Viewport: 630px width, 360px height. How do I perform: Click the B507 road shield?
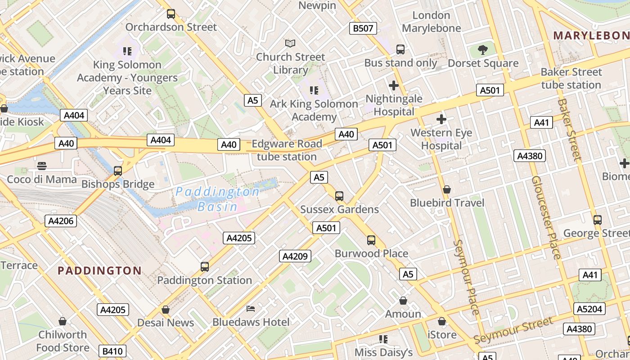pos(363,28)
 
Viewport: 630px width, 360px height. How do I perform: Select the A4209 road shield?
pos(295,256)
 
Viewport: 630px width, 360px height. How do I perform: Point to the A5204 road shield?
pos(589,309)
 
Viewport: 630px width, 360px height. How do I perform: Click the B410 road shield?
pos(112,351)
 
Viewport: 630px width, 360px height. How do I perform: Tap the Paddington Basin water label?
pos(217,199)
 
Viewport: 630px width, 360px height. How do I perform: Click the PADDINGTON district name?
pos(99,270)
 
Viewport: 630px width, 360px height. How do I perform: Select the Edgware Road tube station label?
pos(287,150)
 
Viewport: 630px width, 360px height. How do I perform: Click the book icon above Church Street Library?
pos(290,43)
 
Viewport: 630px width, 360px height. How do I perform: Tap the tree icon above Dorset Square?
pos(483,49)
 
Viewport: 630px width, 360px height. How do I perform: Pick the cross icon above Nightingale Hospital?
pos(394,85)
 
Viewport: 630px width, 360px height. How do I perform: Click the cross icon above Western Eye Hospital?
pos(441,119)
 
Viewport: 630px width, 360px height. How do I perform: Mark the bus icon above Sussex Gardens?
pos(339,196)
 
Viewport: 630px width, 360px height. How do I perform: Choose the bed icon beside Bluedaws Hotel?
pos(251,309)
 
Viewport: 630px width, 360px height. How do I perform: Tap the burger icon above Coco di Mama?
pos(42,166)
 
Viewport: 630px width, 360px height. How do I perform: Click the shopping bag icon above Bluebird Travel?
pos(447,189)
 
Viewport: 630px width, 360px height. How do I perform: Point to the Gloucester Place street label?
pos(546,217)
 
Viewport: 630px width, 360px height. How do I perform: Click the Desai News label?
pos(166,323)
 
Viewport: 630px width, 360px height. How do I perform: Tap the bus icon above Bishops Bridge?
pos(118,171)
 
